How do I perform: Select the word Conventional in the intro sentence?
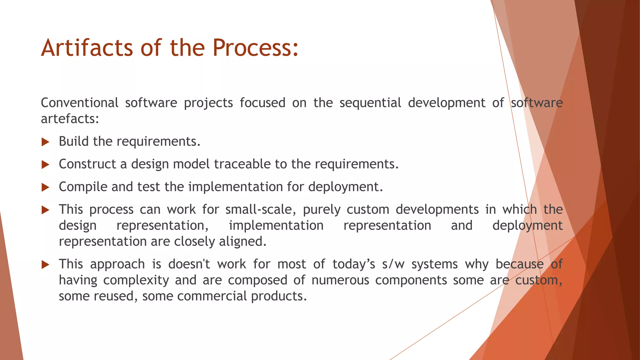tap(80, 103)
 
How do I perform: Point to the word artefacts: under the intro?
tap(70, 119)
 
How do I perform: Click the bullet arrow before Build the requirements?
tap(46, 142)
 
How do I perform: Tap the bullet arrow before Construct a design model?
tap(46, 165)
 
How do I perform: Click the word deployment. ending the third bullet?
tap(346, 187)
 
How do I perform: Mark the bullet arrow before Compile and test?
tap(46, 187)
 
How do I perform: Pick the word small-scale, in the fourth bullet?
tap(261, 209)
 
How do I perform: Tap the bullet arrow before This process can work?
tap(46, 210)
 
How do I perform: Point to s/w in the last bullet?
tap(393, 264)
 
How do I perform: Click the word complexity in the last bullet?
tap(136, 280)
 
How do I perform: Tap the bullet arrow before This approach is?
tap(46, 265)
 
